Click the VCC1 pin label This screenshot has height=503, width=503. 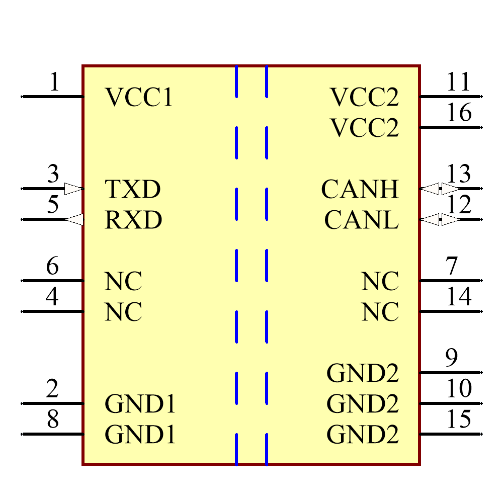point(139,98)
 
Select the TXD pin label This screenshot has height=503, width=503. point(133,190)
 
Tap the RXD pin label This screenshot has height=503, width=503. point(133,220)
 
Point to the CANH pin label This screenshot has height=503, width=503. point(360,190)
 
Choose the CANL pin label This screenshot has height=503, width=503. point(361,220)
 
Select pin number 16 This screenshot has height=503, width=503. point(459,113)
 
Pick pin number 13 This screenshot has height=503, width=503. point(459,174)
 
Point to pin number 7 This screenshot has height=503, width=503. point(451,266)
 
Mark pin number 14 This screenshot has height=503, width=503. point(459,297)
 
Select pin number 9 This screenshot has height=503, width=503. point(452,358)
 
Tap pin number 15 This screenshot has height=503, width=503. point(459,420)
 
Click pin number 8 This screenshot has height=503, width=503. point(53,420)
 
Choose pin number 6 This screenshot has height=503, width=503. point(53,266)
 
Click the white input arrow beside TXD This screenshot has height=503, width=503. point(73,189)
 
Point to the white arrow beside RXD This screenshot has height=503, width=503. point(75,220)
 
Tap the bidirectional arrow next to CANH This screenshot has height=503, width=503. point(440,189)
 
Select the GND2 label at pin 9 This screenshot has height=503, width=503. point(362,373)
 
